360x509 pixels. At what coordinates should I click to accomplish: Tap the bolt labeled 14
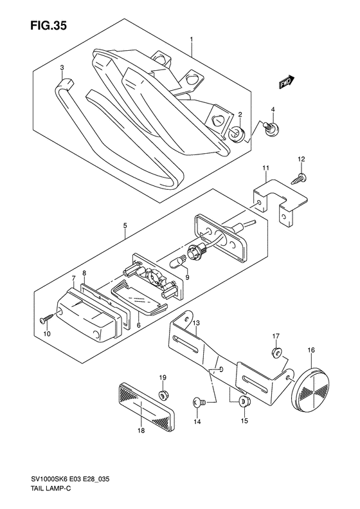coord(198,402)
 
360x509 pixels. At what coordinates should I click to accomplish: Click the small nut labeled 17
coord(275,351)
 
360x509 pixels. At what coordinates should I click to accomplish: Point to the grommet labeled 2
coord(235,133)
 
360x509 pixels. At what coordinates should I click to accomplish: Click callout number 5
coord(125,226)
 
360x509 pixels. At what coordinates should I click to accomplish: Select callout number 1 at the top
coord(192,39)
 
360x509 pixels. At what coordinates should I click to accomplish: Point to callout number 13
coord(196,323)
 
